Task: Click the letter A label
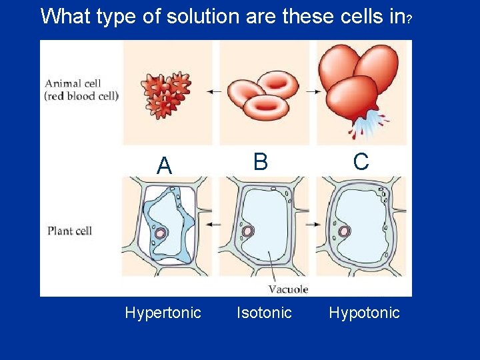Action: (x=164, y=166)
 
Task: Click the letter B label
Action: (x=261, y=162)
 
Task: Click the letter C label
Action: (x=361, y=162)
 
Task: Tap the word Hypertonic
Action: (x=163, y=313)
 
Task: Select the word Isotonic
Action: (x=264, y=313)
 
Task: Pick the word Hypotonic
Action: (x=364, y=313)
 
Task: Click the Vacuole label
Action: (x=288, y=289)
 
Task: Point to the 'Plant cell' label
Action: (x=69, y=231)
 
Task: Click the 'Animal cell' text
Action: (x=73, y=84)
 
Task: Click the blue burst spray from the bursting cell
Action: (x=371, y=124)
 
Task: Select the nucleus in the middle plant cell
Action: (x=248, y=231)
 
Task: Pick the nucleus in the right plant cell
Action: (x=344, y=231)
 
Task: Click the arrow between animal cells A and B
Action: (x=215, y=91)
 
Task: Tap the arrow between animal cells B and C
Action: (x=313, y=91)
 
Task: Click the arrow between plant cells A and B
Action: (x=215, y=225)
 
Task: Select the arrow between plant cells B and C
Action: (x=313, y=225)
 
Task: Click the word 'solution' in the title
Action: (x=205, y=16)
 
